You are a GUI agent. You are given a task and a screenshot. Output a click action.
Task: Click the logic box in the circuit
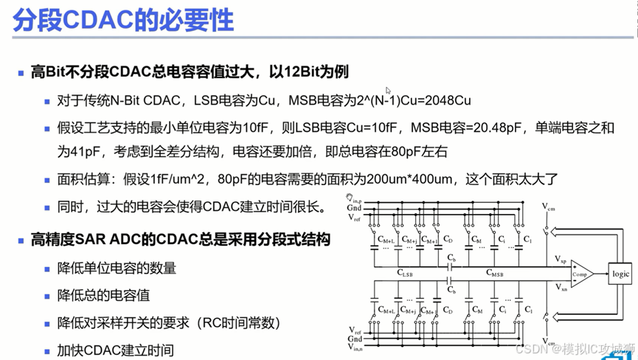pos(620,274)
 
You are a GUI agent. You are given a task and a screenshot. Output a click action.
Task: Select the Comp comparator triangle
pos(580,274)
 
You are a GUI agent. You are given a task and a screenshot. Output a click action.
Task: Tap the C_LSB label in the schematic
pos(405,273)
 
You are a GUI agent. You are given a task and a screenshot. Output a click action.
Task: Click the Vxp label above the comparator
pos(561,260)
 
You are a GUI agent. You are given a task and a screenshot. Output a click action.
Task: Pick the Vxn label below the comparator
pos(561,287)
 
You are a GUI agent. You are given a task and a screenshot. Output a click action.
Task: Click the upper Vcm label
pos(549,208)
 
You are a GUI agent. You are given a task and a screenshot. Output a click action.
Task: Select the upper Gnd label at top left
pos(354,208)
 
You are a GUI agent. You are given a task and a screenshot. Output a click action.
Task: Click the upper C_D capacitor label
pos(447,240)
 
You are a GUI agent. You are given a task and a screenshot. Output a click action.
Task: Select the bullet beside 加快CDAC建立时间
pos(47,350)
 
